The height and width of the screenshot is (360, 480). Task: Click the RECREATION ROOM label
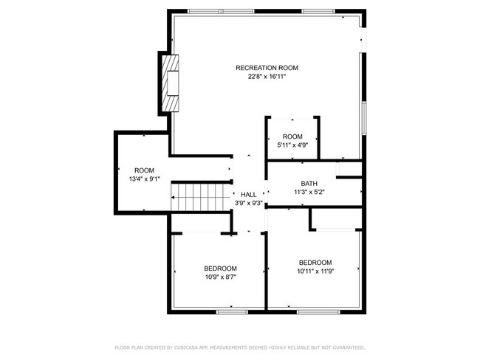[261, 68]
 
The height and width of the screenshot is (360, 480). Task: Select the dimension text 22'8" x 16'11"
[261, 76]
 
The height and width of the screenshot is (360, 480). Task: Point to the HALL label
[249, 194]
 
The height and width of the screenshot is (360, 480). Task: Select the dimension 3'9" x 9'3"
[249, 203]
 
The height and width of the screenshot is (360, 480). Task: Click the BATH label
[309, 184]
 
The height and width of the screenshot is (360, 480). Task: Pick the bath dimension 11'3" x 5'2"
[309, 193]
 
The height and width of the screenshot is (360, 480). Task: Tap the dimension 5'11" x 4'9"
[292, 145]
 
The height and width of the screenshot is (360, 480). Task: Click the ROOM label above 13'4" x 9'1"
[143, 170]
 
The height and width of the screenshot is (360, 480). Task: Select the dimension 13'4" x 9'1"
[143, 179]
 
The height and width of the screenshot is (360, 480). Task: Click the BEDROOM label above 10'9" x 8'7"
[220, 268]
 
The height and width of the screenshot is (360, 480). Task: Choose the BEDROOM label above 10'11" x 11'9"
[315, 263]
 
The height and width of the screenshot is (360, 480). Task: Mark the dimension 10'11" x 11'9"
[315, 271]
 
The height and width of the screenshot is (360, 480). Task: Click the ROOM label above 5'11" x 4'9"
[292, 136]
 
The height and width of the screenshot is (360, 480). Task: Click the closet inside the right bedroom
[336, 219]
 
